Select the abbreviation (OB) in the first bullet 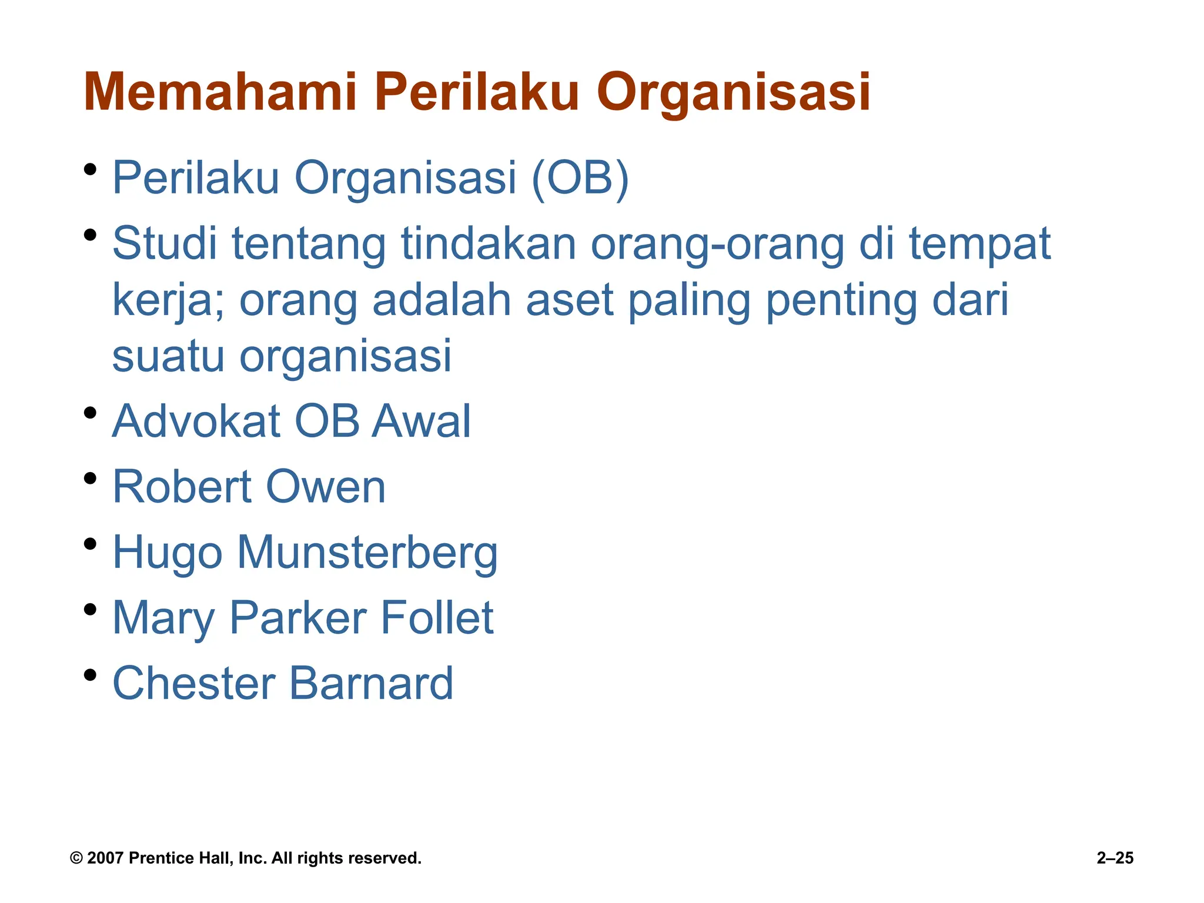pos(580,178)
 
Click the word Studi pos(165,243)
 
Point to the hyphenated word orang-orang pos(717,245)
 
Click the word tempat pos(979,245)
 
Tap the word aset pos(569,300)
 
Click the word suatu pos(168,356)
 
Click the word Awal pos(421,422)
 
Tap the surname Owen pos(326,487)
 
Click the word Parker pos(297,618)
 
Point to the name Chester pos(193,684)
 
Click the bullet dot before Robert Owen pos(90,478)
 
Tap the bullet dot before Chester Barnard pos(90,674)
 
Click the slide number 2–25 pos(1115,858)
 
